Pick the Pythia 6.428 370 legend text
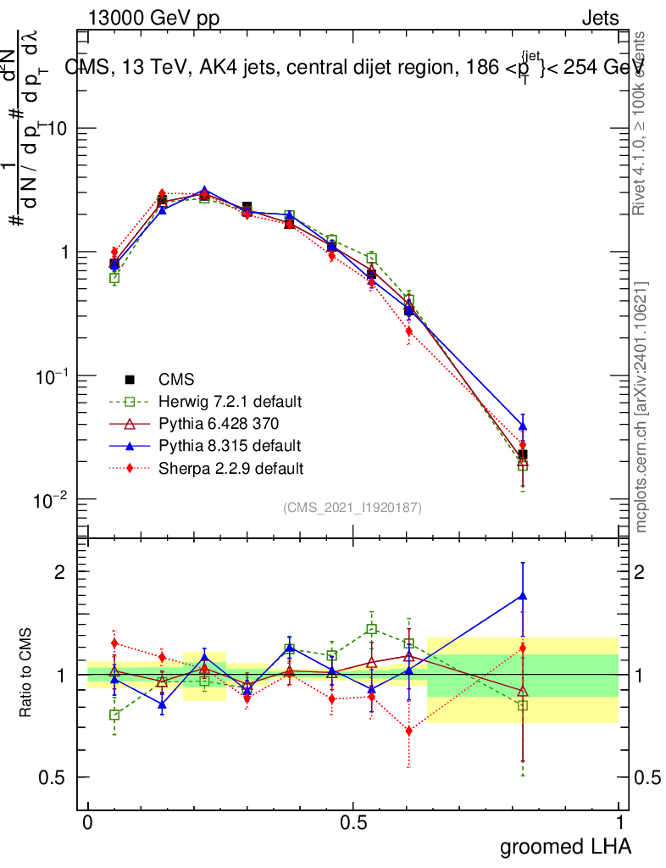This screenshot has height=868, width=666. tap(219, 423)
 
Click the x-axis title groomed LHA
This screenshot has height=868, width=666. tap(565, 846)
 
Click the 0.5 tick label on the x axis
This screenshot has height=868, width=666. tap(353, 822)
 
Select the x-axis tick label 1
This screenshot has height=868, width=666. tap(619, 822)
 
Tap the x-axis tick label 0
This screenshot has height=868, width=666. tap(88, 822)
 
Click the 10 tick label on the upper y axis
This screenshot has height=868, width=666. tap(58, 128)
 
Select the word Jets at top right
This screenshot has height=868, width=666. tap(600, 19)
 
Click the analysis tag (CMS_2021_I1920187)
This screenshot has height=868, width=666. tap(352, 507)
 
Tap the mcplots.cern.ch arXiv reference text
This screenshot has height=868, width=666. tap(641, 407)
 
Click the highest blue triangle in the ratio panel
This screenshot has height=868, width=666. tap(523, 596)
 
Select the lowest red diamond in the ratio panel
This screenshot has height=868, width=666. tap(409, 730)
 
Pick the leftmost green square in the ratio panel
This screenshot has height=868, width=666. tap(114, 715)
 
